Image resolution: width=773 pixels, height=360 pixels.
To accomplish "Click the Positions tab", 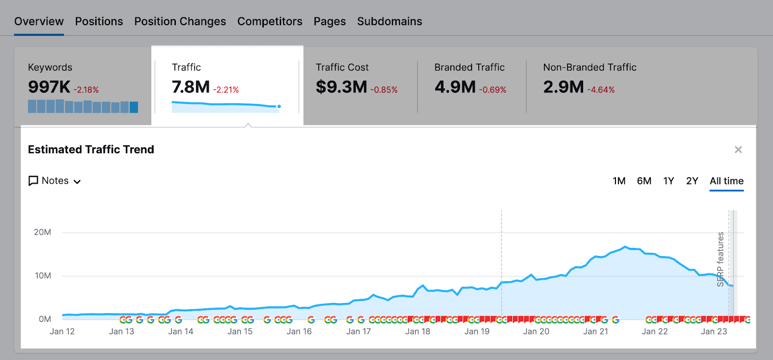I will (99, 21).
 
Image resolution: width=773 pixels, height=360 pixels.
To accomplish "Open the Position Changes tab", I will (180, 21).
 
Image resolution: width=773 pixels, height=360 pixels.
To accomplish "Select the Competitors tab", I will (270, 21).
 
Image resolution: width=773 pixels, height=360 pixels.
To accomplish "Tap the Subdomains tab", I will (389, 21).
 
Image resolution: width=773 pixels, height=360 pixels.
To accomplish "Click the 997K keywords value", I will (49, 87).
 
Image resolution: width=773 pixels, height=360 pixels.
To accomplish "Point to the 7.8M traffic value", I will (191, 87).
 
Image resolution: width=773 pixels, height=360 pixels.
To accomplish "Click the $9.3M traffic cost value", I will (342, 87).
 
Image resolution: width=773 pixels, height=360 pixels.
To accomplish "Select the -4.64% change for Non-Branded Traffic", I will (601, 90).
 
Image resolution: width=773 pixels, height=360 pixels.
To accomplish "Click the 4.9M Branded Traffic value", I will (455, 87).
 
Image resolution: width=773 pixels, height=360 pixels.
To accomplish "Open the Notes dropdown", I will (55, 181).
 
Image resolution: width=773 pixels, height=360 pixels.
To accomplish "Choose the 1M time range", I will (619, 181).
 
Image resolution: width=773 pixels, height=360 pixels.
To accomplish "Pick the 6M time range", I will (644, 181).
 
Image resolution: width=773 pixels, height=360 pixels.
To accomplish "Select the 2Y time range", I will (692, 181).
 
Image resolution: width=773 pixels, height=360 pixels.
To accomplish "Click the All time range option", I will (726, 181).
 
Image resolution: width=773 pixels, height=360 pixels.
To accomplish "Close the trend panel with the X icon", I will (738, 150).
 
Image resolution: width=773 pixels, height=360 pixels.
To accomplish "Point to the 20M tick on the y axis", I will (43, 232).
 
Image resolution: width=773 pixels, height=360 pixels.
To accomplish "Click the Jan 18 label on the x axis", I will (417, 331).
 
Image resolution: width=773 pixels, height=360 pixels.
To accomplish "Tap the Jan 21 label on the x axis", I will (595, 331).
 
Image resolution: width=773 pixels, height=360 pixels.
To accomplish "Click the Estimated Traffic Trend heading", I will (91, 150).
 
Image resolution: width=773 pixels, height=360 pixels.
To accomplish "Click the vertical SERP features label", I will (720, 259).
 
